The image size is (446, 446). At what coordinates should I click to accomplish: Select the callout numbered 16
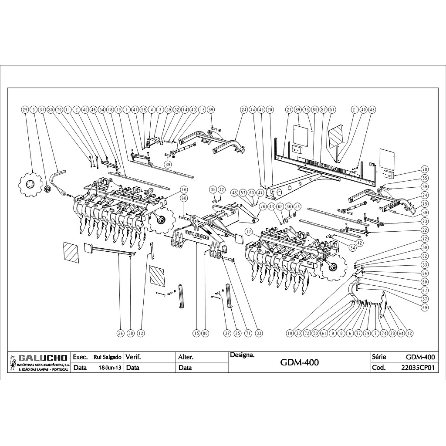(184, 189)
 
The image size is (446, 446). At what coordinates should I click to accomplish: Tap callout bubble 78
(425, 169)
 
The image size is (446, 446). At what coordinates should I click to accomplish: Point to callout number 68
(184, 199)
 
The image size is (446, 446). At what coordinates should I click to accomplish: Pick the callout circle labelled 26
(120, 334)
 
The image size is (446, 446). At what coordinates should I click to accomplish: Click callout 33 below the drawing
(259, 334)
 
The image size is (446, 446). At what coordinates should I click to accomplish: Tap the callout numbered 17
(249, 231)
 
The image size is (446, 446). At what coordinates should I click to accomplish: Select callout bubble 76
(263, 206)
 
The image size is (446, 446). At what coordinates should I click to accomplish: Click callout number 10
(289, 334)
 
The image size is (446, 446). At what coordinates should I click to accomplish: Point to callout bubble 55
(425, 178)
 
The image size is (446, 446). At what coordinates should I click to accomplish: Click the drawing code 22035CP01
(418, 367)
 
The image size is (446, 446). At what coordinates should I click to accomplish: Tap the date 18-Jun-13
(110, 367)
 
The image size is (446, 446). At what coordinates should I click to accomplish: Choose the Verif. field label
(133, 357)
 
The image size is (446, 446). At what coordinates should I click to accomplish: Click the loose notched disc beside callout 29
(31, 185)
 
